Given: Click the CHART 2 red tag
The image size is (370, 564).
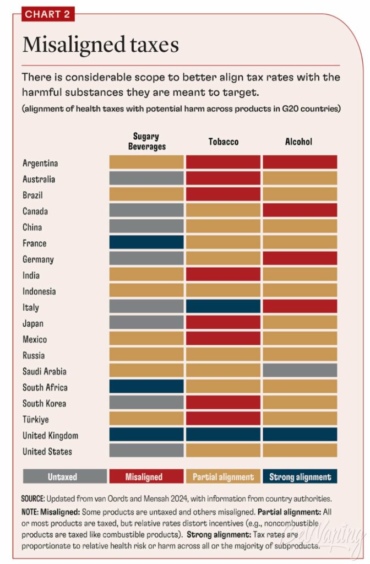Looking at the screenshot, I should [48, 14].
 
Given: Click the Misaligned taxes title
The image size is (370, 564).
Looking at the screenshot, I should [100, 45].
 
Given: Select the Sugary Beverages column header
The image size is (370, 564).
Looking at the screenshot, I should [146, 142].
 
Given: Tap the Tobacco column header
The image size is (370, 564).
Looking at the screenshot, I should [223, 142].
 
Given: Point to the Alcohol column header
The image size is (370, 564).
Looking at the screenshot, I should [299, 142].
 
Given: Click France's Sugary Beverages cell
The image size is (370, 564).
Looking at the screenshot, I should [146, 243].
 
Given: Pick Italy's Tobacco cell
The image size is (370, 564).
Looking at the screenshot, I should [223, 307].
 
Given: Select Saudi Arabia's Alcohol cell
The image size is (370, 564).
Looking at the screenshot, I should [300, 371].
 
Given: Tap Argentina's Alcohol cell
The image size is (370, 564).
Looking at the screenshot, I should [300, 162].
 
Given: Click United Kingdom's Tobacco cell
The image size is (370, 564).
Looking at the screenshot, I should [223, 435].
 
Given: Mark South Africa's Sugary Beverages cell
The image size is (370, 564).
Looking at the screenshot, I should [146, 387].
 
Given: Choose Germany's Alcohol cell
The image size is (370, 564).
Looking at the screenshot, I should [300, 259].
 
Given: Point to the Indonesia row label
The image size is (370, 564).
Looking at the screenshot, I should [39, 291].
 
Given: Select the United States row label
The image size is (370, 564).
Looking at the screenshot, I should [47, 452].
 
